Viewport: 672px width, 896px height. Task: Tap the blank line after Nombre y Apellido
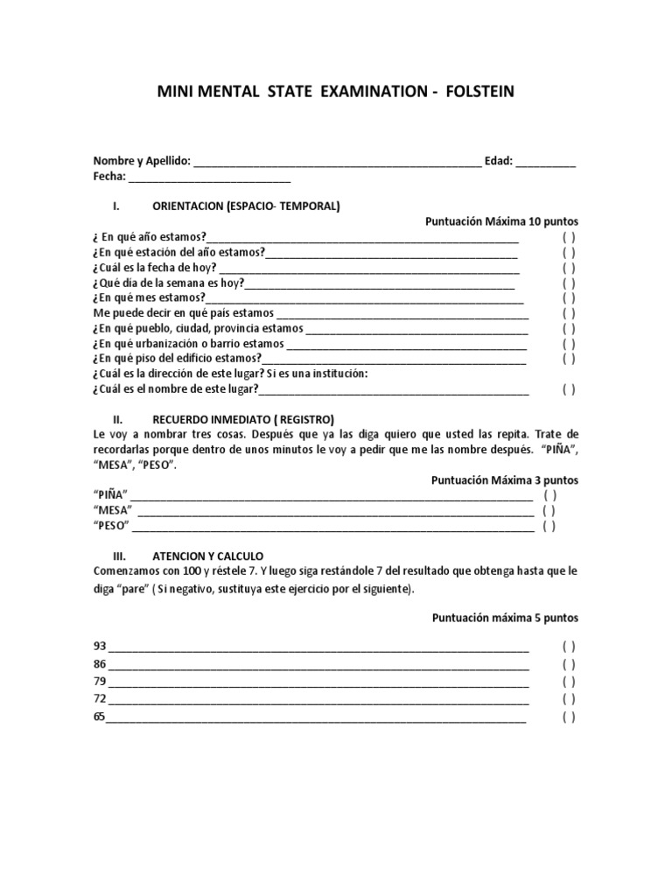336,163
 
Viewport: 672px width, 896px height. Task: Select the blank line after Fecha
210,178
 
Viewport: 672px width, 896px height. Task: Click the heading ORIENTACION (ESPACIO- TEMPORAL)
247,206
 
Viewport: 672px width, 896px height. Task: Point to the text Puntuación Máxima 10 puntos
501,221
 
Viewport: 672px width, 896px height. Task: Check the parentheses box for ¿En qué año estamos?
569,237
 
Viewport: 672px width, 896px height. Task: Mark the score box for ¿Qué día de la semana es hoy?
569,283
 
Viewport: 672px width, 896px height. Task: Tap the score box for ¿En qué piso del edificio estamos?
569,358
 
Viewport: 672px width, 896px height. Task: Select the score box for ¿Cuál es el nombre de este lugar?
569,389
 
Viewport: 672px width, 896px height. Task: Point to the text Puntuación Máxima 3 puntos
505,480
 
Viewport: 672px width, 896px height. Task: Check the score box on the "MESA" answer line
549,510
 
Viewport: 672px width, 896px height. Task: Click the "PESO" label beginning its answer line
111,526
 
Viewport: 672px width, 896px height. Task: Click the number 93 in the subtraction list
100,647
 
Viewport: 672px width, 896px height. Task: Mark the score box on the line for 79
569,682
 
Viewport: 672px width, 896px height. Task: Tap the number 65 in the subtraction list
99,717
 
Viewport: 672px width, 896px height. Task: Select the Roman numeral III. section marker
121,556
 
